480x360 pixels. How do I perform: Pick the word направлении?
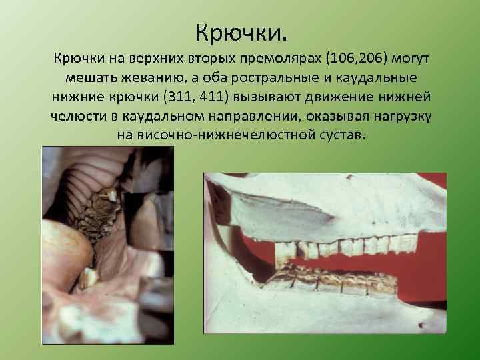point(241,116)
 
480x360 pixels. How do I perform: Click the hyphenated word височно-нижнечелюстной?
point(235,135)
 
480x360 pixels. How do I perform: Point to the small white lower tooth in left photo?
point(87,277)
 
